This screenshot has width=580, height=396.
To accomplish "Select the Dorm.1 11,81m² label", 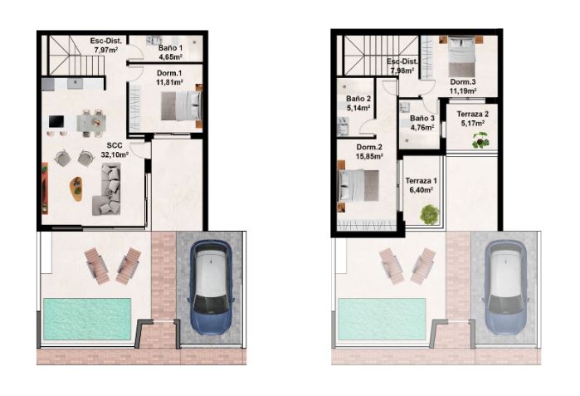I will [x=169, y=78].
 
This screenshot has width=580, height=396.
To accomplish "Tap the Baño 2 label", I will [x=358, y=102].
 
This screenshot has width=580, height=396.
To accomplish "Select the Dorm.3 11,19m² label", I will [x=463, y=87].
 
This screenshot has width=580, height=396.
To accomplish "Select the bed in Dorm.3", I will [x=461, y=56].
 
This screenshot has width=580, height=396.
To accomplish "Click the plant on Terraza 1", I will [x=428, y=214].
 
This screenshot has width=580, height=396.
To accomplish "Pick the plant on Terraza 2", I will [x=479, y=141].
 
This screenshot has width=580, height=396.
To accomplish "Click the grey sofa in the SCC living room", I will [x=110, y=187].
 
